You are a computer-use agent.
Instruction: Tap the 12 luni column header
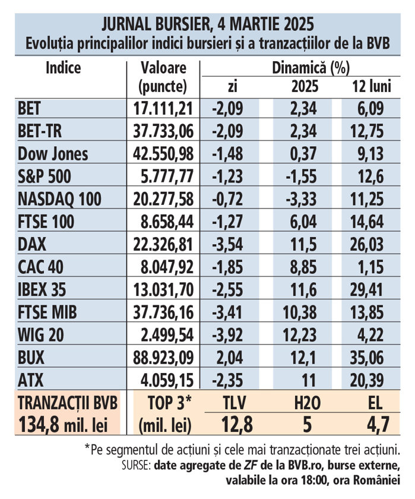(x=371, y=87)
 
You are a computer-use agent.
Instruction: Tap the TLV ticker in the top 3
(x=232, y=403)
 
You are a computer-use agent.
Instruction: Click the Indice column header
(x=63, y=67)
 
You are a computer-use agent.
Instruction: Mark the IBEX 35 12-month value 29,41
(x=371, y=289)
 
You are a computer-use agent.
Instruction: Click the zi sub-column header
(x=232, y=87)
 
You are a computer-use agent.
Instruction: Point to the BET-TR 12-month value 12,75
(x=371, y=131)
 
